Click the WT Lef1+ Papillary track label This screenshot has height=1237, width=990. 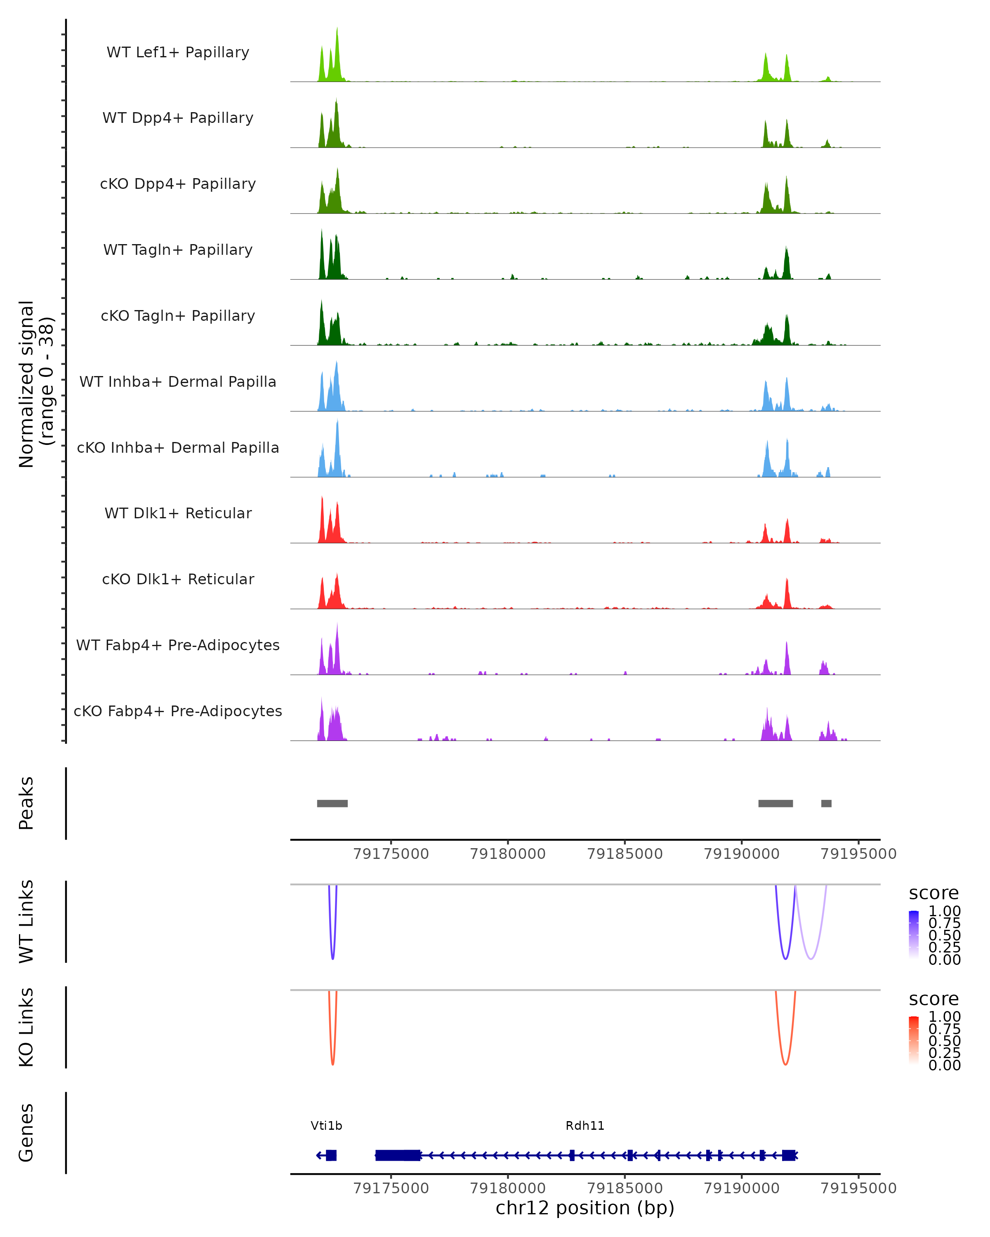click(x=178, y=52)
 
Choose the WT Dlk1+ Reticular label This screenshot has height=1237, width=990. click(x=178, y=513)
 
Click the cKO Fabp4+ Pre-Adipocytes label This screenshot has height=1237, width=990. click(x=178, y=711)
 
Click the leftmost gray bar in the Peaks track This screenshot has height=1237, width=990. click(x=332, y=803)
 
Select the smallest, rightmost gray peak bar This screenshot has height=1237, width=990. click(x=826, y=803)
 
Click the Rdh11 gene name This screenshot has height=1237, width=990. click(x=585, y=1126)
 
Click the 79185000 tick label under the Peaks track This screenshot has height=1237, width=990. click(x=625, y=854)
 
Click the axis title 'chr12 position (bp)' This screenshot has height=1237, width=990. click(x=585, y=1208)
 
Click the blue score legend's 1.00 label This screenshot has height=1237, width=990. click(x=944, y=911)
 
